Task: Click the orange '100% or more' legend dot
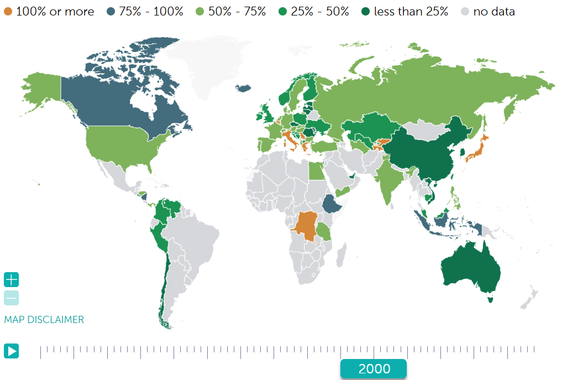8,12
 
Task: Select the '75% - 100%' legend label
151,12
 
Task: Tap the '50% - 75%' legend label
238,12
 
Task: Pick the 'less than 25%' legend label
411,12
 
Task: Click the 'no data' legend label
494,12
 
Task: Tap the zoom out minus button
11,298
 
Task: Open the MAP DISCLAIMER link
44,320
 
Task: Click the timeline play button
11,351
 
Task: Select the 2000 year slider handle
374,369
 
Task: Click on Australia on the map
470,268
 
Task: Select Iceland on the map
244,88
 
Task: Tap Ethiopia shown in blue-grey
332,204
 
